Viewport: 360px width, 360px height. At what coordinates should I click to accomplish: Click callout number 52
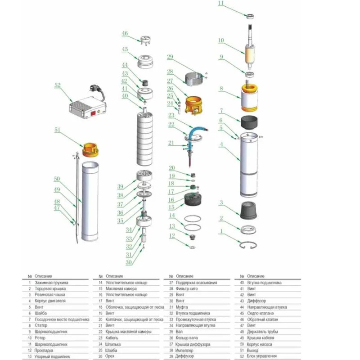click(x=57, y=84)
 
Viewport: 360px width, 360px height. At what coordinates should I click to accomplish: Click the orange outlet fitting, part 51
click(x=90, y=146)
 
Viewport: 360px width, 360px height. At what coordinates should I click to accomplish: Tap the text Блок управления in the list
click(x=261, y=356)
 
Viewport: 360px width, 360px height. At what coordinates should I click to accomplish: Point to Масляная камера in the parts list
click(x=119, y=288)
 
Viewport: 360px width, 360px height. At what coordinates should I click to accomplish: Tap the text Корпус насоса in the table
click(x=260, y=344)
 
